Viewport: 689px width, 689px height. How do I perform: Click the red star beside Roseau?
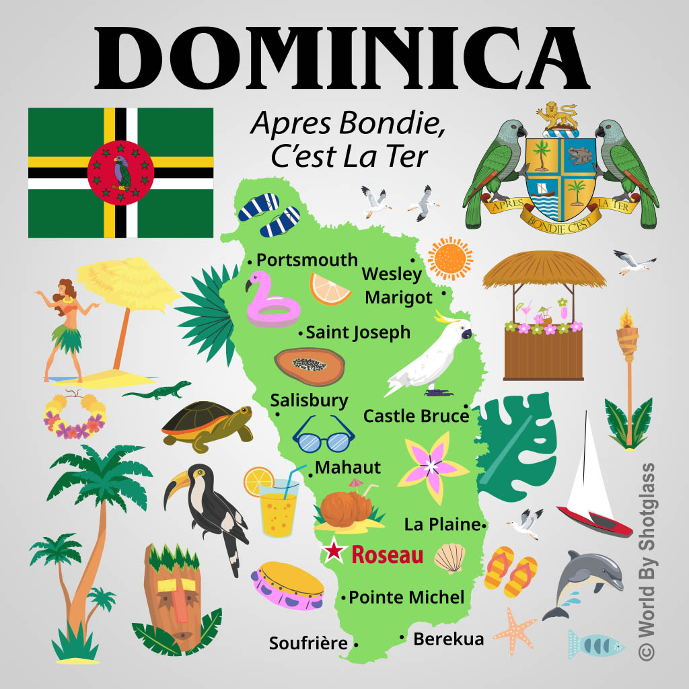(x=332, y=552)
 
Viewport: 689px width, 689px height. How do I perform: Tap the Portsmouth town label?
(x=307, y=260)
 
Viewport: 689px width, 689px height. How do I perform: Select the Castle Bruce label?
(x=416, y=416)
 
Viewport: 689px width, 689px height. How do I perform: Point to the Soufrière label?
(x=308, y=643)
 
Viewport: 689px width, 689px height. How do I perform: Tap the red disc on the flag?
(x=120, y=173)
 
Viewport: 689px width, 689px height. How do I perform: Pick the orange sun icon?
(x=450, y=258)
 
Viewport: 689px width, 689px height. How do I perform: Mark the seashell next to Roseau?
(x=449, y=558)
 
